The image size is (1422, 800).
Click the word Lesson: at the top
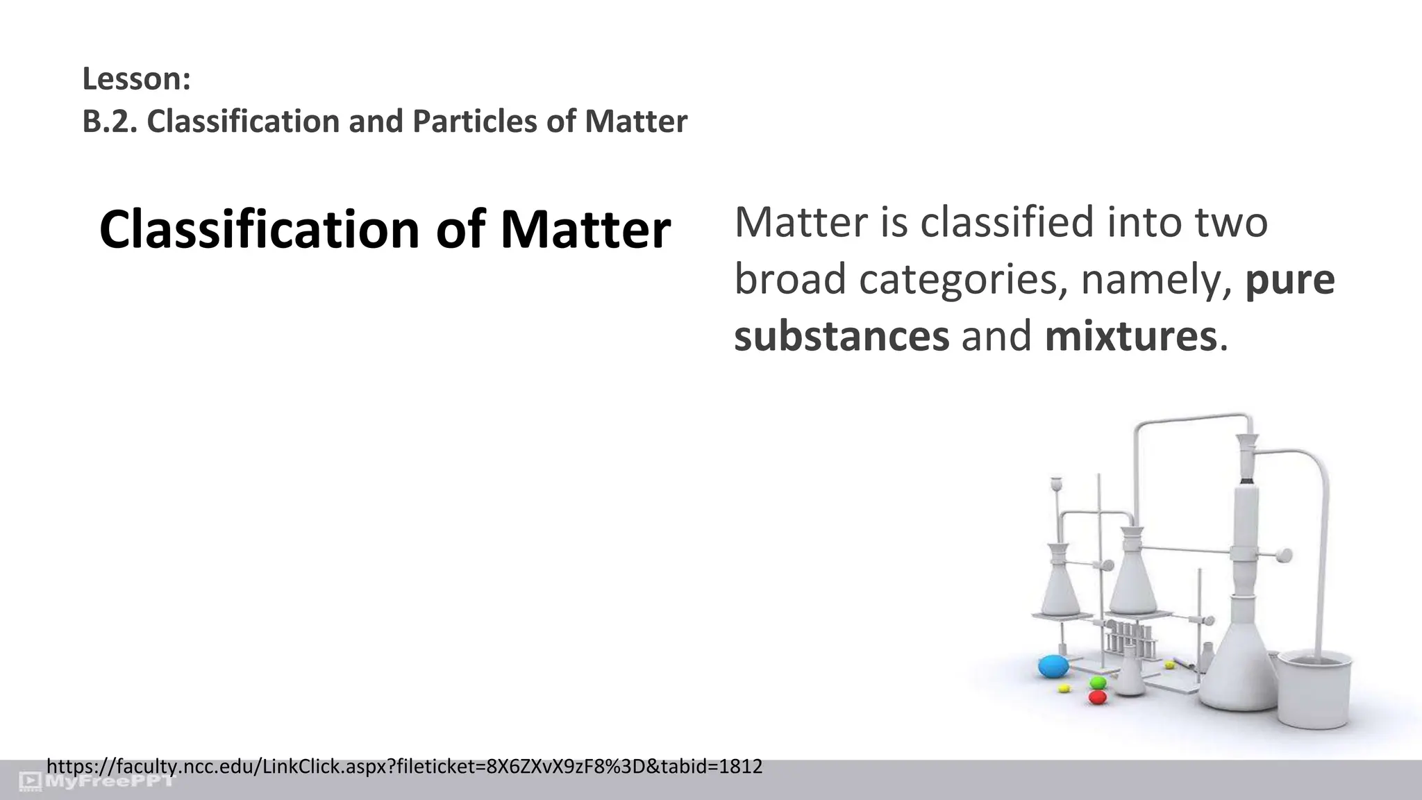click(136, 79)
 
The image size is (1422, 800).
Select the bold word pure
click(1290, 279)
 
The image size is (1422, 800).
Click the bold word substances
click(842, 336)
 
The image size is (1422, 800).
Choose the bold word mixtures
click(1130, 336)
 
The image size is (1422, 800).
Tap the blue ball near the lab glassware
click(1053, 667)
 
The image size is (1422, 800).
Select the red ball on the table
click(1098, 697)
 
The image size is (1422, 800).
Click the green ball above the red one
click(1098, 683)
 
